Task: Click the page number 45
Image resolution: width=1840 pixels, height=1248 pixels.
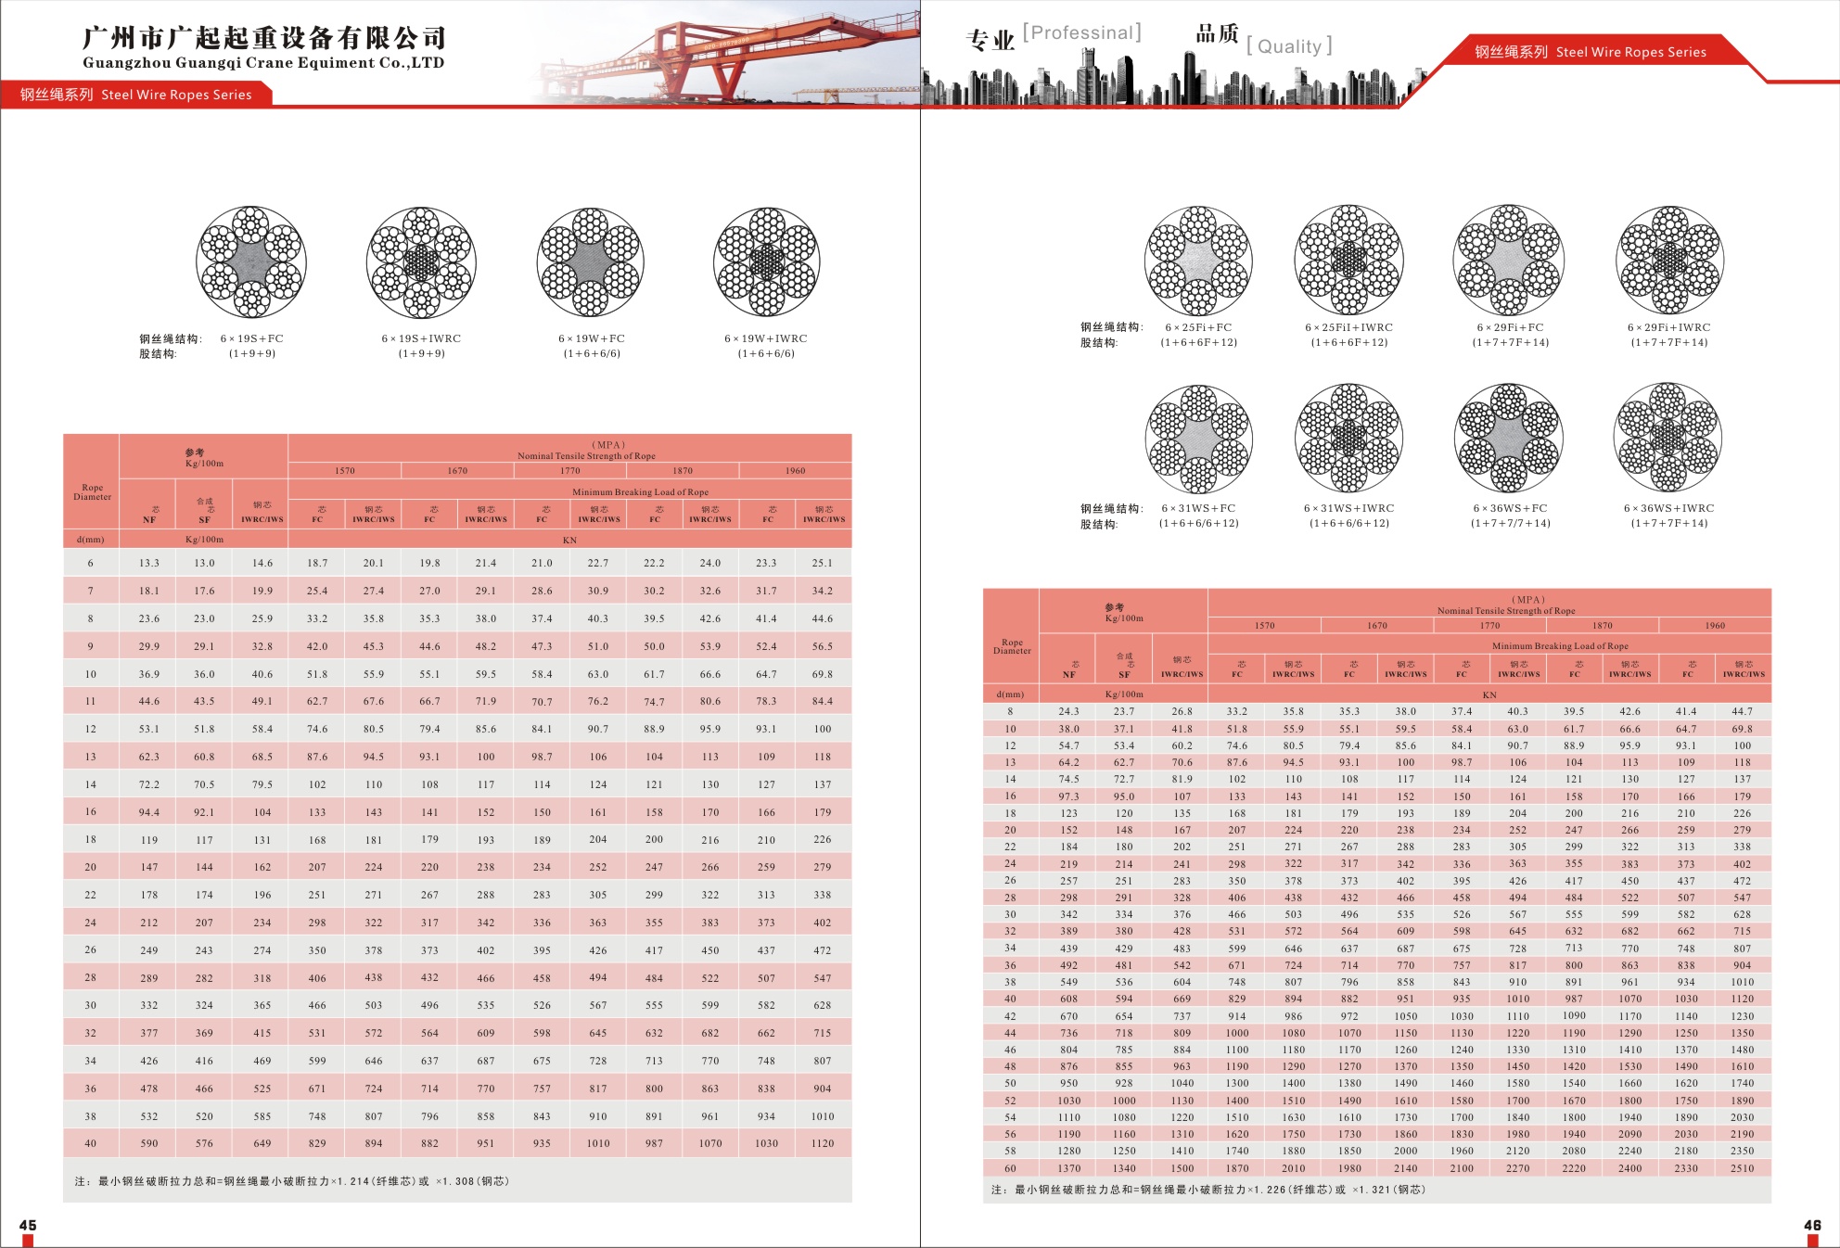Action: point(28,1225)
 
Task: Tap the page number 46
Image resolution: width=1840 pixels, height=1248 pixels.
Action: point(1812,1225)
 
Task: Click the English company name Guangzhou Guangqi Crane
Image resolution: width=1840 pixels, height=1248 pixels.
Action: point(263,63)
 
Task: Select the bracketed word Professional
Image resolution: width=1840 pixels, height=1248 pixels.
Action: point(1081,33)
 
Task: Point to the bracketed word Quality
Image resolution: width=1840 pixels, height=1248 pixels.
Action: point(1289,46)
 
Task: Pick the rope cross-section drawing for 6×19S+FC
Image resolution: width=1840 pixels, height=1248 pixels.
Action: point(251,261)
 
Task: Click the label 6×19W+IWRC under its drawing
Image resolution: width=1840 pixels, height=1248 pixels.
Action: point(766,338)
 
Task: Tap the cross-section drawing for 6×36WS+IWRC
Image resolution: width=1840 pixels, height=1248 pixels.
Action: point(1668,437)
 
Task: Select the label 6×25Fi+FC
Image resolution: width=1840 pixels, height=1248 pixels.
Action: point(1198,327)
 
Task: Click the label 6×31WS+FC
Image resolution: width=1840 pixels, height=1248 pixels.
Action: point(1198,508)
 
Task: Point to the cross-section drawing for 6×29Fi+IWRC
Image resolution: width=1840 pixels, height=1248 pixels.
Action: point(1669,261)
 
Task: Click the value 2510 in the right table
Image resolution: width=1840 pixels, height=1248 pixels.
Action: point(1742,1168)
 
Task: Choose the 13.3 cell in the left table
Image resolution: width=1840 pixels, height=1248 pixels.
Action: point(149,563)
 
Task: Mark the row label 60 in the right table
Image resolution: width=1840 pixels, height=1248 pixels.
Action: point(1010,1168)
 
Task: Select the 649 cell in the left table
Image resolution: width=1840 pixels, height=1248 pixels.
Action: point(262,1143)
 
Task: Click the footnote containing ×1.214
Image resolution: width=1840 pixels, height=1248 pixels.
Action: point(292,1181)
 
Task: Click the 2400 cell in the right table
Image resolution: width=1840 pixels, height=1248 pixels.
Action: point(1629,1168)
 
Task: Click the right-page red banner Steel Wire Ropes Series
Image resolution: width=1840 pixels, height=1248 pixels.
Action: point(1590,52)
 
